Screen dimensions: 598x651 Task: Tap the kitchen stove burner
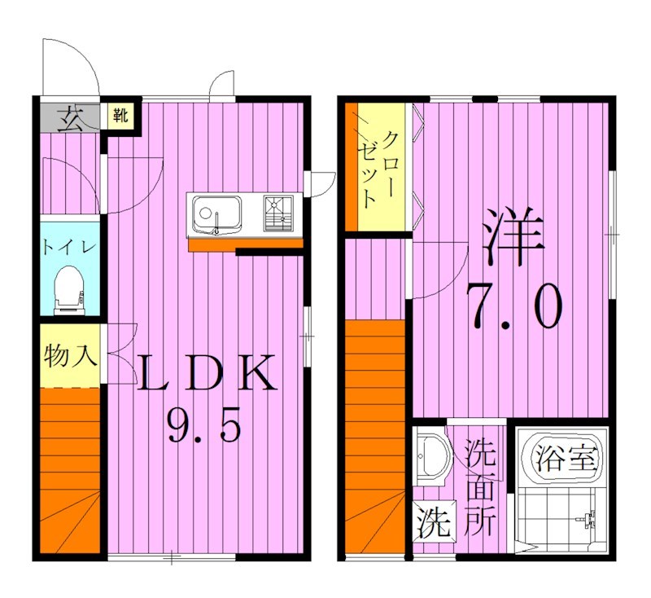coord(277,214)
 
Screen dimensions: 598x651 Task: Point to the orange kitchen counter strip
coord(244,243)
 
